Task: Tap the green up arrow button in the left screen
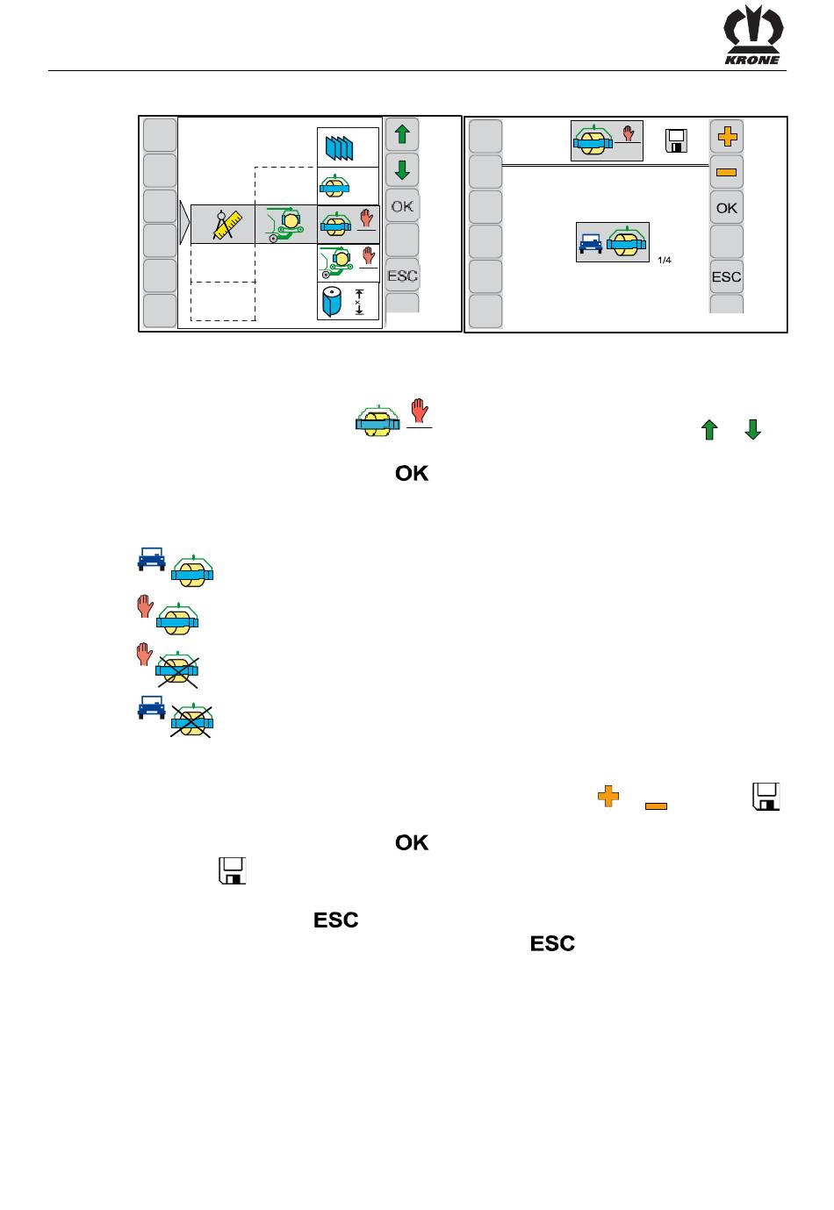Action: click(402, 135)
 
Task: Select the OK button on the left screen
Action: click(402, 207)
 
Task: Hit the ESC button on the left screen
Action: click(402, 276)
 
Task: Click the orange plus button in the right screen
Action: click(726, 137)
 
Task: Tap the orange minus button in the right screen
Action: click(726, 172)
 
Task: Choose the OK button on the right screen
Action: click(726, 209)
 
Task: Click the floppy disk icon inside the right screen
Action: click(676, 140)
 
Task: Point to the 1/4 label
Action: click(664, 260)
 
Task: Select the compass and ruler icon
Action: click(223, 225)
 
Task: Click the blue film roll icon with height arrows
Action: click(348, 302)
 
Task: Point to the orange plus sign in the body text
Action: click(608, 796)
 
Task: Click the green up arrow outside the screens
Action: click(709, 430)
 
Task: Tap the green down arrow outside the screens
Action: click(753, 430)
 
